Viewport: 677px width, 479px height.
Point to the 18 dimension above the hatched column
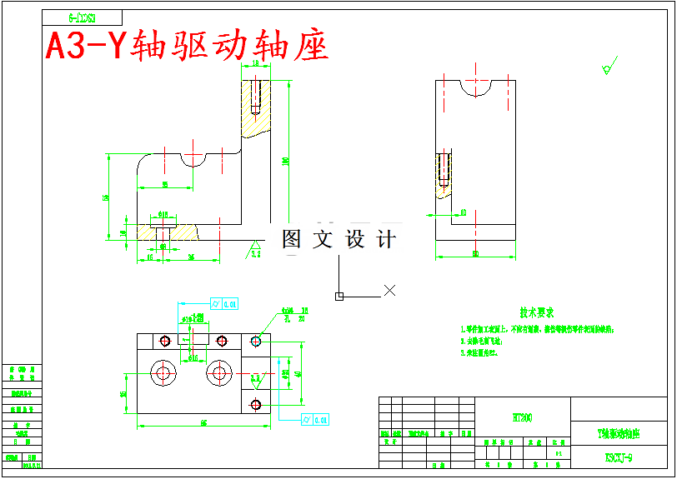click(x=254, y=63)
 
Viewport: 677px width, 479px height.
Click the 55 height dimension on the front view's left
click(x=106, y=197)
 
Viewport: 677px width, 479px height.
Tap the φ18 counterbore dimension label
click(x=163, y=214)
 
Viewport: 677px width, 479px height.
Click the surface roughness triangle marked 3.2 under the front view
click(x=255, y=249)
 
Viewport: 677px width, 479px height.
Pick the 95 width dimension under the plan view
click(x=203, y=423)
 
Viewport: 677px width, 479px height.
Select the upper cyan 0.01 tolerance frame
click(x=225, y=303)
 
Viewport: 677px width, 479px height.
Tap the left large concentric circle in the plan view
click(x=162, y=372)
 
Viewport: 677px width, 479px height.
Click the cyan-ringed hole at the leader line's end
click(x=255, y=341)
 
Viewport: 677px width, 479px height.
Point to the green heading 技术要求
click(x=537, y=313)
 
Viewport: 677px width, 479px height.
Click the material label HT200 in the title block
click(x=522, y=417)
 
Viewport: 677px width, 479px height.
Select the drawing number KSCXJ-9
click(x=619, y=457)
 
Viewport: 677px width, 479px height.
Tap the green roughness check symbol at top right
click(x=607, y=67)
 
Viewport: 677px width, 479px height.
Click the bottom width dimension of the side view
click(x=475, y=253)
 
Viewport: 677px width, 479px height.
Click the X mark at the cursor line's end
click(x=389, y=290)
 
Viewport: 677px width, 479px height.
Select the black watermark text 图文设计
click(x=338, y=240)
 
